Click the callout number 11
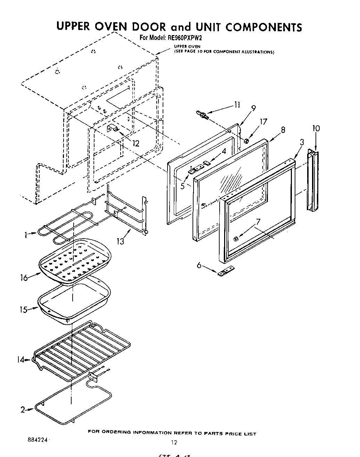pyautogui.click(x=237, y=105)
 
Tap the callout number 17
pyautogui.click(x=263, y=122)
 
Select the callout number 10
pyautogui.click(x=316, y=128)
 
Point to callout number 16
pyautogui.click(x=24, y=278)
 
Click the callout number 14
pyautogui.click(x=21, y=360)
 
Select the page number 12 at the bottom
pyautogui.click(x=174, y=442)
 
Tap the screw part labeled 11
pyautogui.click(x=202, y=114)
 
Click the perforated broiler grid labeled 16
pyautogui.click(x=75, y=260)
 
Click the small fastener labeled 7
pyautogui.click(x=236, y=238)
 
